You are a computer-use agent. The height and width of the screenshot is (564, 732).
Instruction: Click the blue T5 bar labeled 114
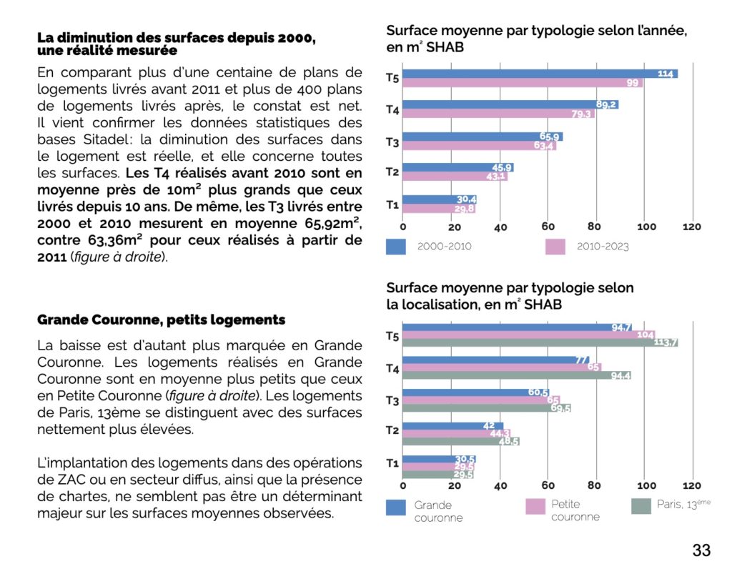[x=540, y=74]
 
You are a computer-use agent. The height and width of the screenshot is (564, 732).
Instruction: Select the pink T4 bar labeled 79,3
[x=498, y=114]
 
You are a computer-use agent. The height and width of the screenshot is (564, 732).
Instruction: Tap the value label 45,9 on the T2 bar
[x=502, y=167]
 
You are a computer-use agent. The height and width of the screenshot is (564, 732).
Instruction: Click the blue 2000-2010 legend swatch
[x=396, y=247]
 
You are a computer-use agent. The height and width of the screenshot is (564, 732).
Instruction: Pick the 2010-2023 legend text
[x=603, y=247]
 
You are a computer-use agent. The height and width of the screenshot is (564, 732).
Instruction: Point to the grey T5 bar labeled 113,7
[x=540, y=342]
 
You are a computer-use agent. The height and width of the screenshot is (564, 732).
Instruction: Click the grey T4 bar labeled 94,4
[x=517, y=375]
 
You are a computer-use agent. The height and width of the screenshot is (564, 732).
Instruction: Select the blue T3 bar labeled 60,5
[x=476, y=392]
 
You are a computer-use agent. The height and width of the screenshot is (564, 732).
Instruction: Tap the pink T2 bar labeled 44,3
[x=457, y=433]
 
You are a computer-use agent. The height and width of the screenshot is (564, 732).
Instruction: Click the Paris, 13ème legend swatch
[x=641, y=506]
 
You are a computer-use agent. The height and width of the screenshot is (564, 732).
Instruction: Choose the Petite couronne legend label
[x=575, y=510]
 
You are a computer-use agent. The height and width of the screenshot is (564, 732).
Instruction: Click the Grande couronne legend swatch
[x=396, y=508]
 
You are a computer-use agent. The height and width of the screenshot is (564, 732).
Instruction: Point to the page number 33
[x=701, y=550]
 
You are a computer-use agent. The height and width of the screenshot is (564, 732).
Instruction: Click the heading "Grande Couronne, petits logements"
[x=161, y=320]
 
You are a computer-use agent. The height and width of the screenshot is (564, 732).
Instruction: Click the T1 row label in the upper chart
[x=392, y=204]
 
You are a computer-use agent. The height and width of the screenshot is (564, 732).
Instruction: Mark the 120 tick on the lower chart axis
[x=692, y=485]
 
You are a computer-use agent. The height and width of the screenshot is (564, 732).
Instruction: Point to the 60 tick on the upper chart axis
[x=548, y=227]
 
